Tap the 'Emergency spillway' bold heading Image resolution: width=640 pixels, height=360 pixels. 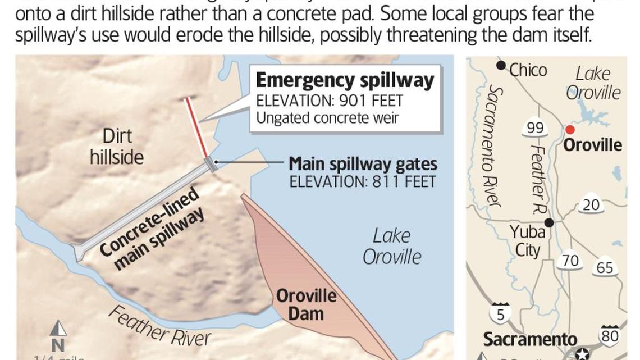click(x=345, y=80)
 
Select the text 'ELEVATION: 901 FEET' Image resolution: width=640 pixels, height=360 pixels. click(x=330, y=101)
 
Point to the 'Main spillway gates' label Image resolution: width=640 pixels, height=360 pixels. click(x=363, y=164)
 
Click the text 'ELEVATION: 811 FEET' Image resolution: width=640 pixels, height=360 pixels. click(x=362, y=181)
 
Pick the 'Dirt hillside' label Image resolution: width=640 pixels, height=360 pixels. click(x=117, y=146)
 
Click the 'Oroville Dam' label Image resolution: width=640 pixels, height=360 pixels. click(x=306, y=304)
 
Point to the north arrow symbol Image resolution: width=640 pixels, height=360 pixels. click(x=58, y=329)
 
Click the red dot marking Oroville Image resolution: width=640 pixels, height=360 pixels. click(x=570, y=130)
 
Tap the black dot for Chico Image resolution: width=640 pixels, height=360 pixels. click(x=501, y=65)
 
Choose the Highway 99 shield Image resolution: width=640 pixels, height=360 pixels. click(x=534, y=128)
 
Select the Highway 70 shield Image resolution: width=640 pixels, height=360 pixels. click(x=570, y=261)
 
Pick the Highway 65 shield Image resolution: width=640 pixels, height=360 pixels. click(x=605, y=268)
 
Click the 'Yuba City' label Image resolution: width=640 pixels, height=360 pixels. click(x=527, y=240)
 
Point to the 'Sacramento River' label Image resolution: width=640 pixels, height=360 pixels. click(x=494, y=146)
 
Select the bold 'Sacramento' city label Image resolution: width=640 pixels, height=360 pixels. click(x=530, y=339)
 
